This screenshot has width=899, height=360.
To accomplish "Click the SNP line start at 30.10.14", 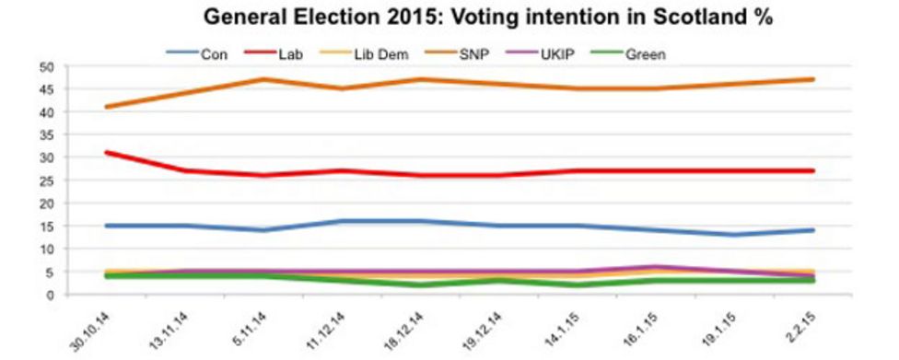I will (106, 107).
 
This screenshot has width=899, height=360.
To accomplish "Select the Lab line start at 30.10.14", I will (106, 153).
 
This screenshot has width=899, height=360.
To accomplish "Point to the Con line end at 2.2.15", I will (813, 230).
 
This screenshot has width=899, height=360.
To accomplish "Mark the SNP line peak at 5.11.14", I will (263, 79).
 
